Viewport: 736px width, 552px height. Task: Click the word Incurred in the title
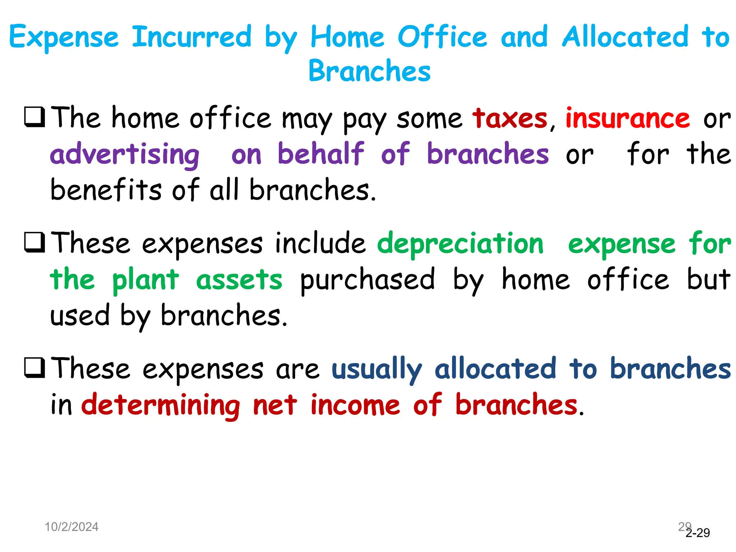tap(192, 37)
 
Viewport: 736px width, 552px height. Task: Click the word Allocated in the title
tap(625, 37)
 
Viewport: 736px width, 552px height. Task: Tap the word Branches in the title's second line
tap(369, 71)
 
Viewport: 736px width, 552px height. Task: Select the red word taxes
tap(510, 119)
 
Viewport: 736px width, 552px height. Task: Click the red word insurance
tap(627, 119)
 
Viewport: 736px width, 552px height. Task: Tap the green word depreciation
tap(460, 244)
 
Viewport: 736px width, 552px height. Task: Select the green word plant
tap(145, 280)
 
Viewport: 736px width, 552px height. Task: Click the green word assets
tap(239, 280)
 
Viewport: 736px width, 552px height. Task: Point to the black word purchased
tap(367, 280)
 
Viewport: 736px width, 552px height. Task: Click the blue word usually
tap(376, 369)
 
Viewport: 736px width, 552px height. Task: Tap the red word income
tap(355, 405)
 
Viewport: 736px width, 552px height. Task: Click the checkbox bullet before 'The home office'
tap(34, 117)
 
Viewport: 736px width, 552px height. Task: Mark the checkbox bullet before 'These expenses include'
tap(34, 242)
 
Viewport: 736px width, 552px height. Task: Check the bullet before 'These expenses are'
tap(34, 368)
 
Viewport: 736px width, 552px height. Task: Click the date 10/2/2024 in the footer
tap(72, 527)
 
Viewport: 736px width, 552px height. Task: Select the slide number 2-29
tap(698, 533)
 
